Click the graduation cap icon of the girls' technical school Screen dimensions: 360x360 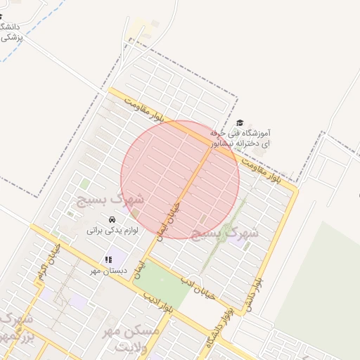[x=240, y=124]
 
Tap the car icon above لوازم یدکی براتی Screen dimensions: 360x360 [x=112, y=219]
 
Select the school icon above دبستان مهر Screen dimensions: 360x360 [x=108, y=260]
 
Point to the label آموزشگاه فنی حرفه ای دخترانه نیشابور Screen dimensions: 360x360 [x=240, y=138]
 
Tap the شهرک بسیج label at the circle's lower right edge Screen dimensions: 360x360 [x=233, y=231]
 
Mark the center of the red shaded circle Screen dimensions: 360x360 [x=180, y=179]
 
